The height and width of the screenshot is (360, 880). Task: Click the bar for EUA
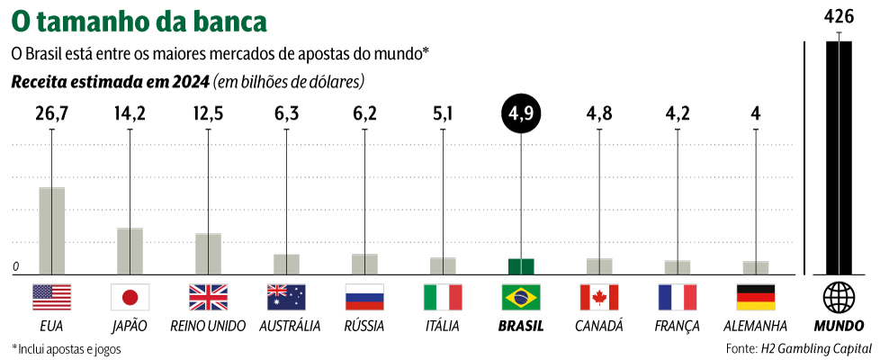(51, 230)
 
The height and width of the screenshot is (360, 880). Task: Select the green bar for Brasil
(521, 266)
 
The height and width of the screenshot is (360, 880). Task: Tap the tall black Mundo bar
(839, 157)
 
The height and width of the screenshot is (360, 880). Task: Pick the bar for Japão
(130, 251)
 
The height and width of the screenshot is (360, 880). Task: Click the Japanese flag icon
(130, 297)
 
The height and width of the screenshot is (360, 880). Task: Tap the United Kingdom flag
(208, 297)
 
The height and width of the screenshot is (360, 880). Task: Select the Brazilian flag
(521, 297)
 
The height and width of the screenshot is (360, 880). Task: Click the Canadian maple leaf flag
(599, 297)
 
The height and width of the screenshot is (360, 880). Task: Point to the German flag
(755, 297)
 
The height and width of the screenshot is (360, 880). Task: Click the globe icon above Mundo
(839, 297)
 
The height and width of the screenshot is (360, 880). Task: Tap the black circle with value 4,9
(521, 114)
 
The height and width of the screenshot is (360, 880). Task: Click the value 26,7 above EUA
(51, 114)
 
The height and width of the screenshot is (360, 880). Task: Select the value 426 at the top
(839, 15)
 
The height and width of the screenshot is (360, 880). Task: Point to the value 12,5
(208, 114)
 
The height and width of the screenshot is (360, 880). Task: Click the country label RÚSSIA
(364, 326)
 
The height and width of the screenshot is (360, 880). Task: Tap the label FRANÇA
(678, 326)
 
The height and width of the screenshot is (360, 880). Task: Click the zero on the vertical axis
(16, 267)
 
